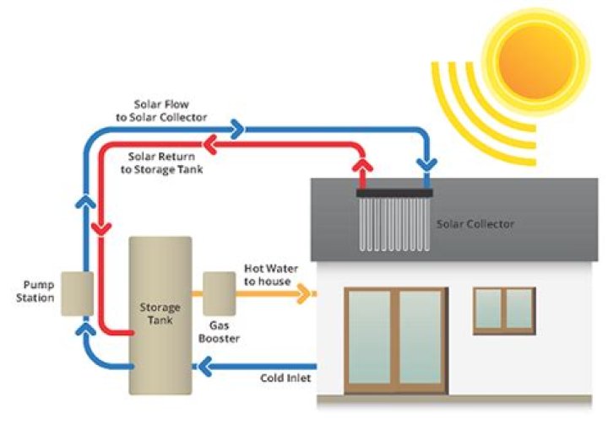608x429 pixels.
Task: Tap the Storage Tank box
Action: pyautogui.click(x=160, y=315)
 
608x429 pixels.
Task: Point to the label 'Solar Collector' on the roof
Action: pyautogui.click(x=475, y=224)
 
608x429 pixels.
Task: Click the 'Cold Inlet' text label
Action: pyautogui.click(x=285, y=378)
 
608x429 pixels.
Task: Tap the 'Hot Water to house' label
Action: pyautogui.click(x=267, y=275)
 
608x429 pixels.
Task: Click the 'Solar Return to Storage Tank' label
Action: pyautogui.click(x=166, y=163)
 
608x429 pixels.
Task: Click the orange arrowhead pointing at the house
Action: pyautogui.click(x=307, y=294)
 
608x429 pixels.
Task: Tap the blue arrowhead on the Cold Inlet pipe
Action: pyautogui.click(x=203, y=367)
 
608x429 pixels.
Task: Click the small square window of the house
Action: pyautogui.click(x=503, y=308)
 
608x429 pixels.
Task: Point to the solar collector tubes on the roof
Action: pyautogui.click(x=394, y=223)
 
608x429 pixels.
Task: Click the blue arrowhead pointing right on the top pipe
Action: pyautogui.click(x=237, y=128)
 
